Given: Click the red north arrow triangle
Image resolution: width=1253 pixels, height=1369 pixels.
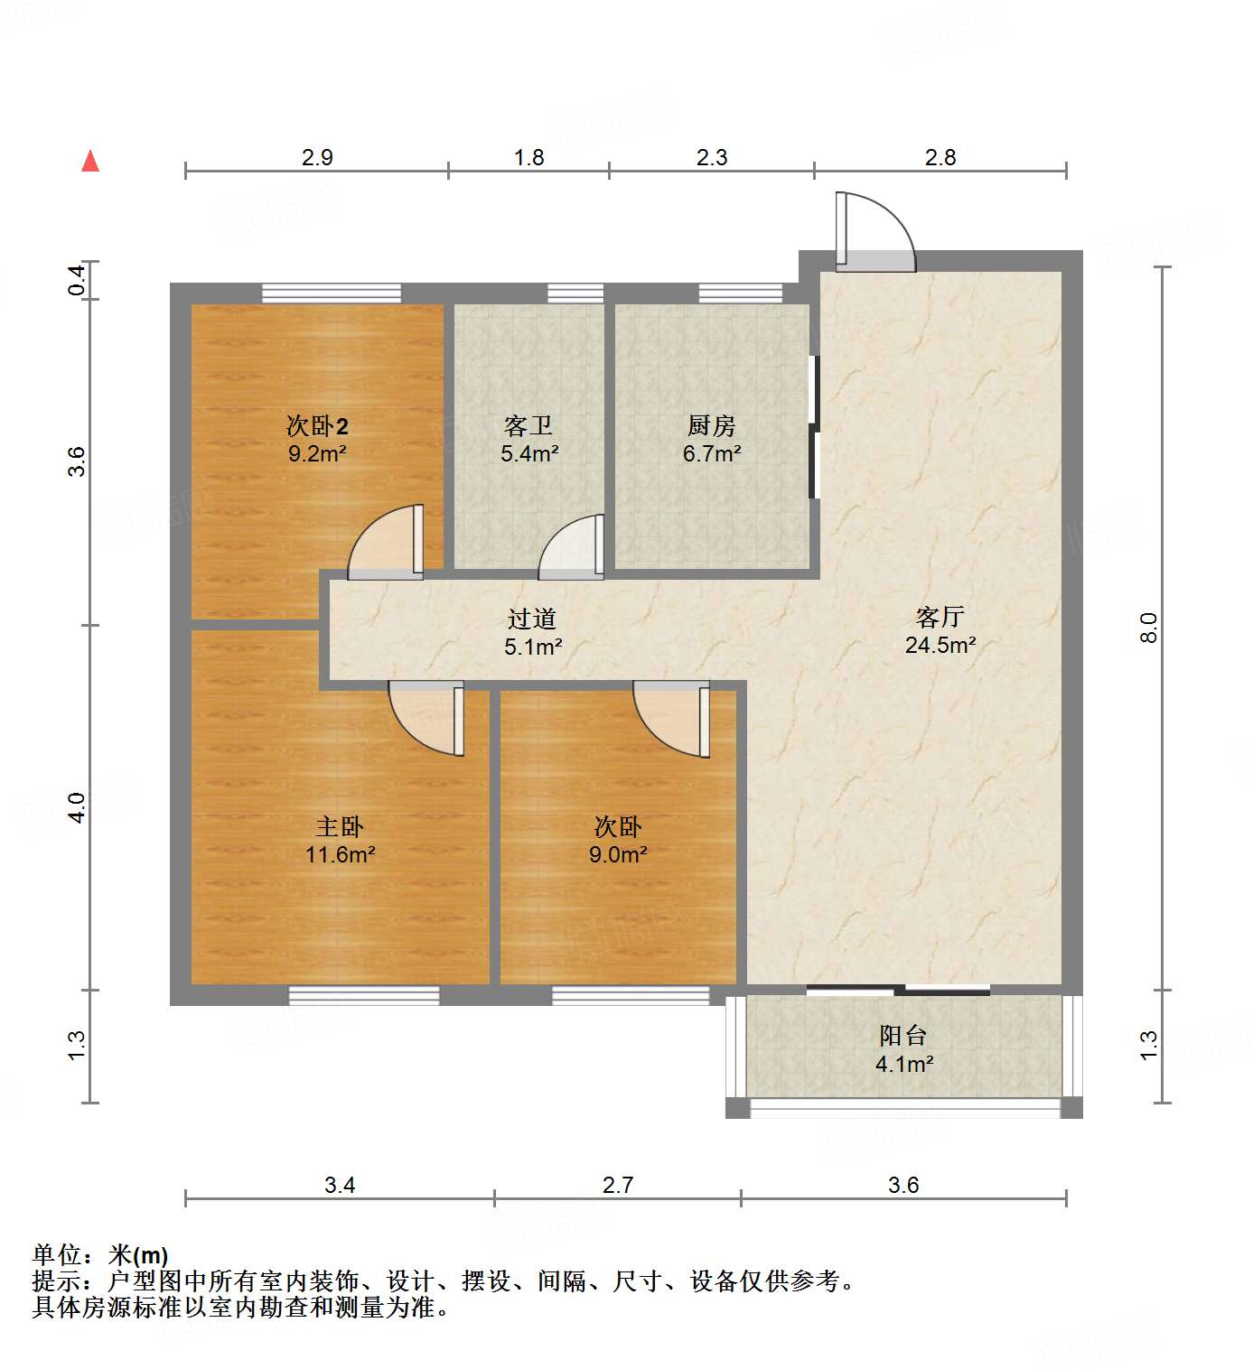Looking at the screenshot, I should click(90, 162).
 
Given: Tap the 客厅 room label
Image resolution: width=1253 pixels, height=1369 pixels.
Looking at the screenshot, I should click(940, 618).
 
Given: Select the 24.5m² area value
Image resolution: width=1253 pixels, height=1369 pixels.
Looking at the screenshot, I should click(940, 645).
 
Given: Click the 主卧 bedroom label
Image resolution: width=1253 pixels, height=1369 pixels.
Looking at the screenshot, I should click(340, 826).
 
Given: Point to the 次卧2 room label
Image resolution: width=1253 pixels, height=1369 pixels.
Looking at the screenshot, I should click(317, 425).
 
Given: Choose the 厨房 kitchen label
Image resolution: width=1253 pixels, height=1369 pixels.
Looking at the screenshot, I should click(711, 425).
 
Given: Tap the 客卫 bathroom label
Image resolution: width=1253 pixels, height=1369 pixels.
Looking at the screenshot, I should click(528, 425).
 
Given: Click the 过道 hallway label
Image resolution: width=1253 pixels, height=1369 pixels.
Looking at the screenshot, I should click(531, 619).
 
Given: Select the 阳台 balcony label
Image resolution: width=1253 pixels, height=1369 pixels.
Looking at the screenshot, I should click(903, 1036).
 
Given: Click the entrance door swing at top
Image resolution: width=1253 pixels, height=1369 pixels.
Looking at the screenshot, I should click(874, 233).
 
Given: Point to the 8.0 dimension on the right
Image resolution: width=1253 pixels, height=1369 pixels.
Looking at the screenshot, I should click(1148, 627).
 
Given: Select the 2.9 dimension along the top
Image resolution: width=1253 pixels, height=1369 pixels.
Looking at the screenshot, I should click(317, 158).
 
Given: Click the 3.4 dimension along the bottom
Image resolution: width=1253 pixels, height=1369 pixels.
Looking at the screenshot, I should click(340, 1185).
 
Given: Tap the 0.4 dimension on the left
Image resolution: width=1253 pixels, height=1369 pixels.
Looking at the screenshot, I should click(78, 280).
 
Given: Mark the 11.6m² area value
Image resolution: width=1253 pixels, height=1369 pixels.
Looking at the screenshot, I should click(340, 854).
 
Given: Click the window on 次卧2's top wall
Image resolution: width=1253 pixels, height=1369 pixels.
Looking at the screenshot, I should click(332, 293).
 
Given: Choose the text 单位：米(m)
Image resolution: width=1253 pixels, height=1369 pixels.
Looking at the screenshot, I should click(100, 1255).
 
